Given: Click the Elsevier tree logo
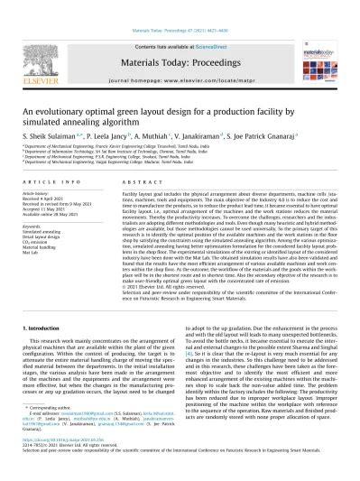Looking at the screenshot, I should pos(37,53).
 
